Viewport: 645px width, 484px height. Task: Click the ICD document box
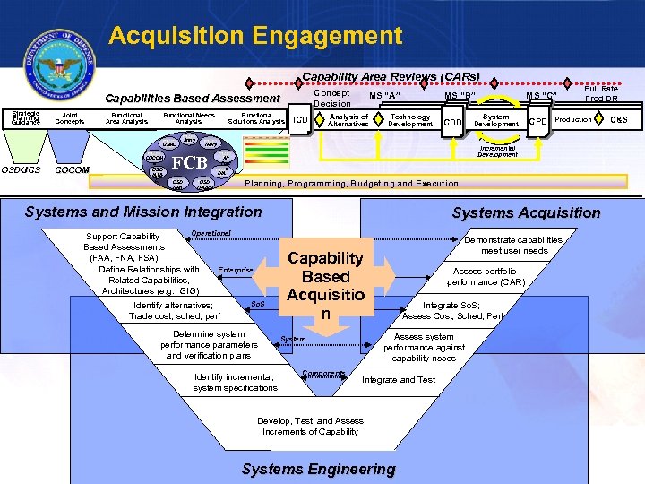coord(301,120)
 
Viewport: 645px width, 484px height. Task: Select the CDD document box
coord(453,122)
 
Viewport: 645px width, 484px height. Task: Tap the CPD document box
coord(537,121)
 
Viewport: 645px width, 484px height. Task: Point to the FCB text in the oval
coord(189,162)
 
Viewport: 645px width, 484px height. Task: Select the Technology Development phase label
coord(410,120)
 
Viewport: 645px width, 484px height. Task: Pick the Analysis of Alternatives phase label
coord(348,120)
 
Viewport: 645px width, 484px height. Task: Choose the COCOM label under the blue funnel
coord(72,169)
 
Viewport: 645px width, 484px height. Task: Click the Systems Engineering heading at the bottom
coord(318,469)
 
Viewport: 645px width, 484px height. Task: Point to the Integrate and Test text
coord(399,380)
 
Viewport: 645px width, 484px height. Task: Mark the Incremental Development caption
coord(497,151)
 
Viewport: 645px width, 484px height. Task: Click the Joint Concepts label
coord(69,117)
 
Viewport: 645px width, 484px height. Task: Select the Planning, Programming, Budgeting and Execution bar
coord(351,183)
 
